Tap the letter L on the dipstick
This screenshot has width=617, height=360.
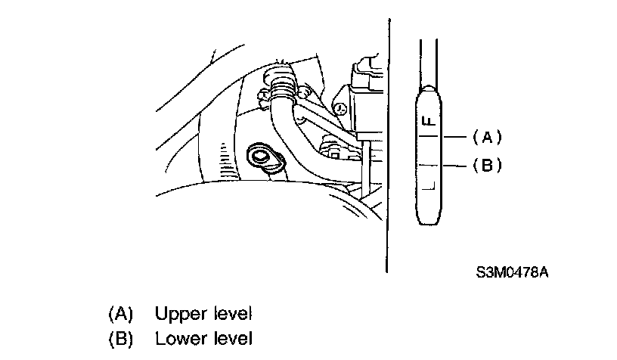(x=427, y=184)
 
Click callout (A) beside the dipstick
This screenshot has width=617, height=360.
(x=487, y=137)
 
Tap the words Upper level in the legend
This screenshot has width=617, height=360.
(x=203, y=313)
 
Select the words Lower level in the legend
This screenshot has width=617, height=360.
(x=203, y=337)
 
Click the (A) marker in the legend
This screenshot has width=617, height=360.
(x=121, y=313)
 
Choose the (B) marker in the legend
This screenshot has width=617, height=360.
(x=121, y=337)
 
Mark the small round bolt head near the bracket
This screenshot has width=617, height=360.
(x=340, y=107)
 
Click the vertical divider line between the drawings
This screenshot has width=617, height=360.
(x=388, y=151)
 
